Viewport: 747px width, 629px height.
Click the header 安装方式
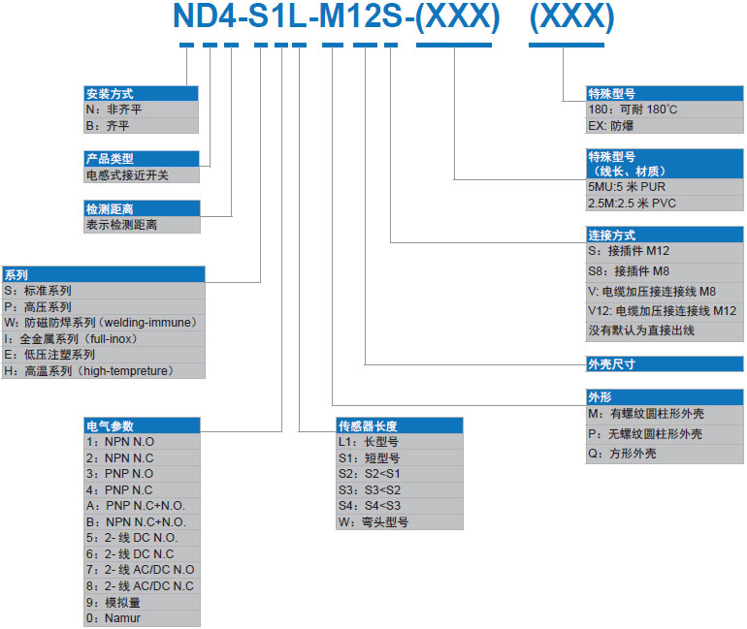click(x=142, y=94)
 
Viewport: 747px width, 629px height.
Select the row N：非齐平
click(x=142, y=110)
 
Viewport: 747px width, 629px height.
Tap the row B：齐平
click(x=142, y=126)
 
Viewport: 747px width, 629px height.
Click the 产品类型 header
click(x=142, y=159)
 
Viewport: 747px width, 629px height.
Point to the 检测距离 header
click(x=142, y=208)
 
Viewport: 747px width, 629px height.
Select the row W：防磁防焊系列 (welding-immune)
click(x=104, y=322)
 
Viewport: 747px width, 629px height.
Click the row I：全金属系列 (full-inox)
click(x=104, y=338)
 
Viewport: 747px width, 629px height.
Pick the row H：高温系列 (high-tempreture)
click(x=104, y=370)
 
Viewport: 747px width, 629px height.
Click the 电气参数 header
click(x=148, y=425)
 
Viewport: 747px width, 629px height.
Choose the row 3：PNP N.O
click(x=148, y=473)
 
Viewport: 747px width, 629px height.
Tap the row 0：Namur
click(x=148, y=617)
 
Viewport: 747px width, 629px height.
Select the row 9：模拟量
click(x=148, y=601)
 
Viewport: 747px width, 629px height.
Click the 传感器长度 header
click(x=399, y=425)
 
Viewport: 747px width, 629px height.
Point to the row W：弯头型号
click(x=399, y=521)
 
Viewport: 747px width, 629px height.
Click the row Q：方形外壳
click(x=665, y=454)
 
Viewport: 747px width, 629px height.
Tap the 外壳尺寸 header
click(x=665, y=364)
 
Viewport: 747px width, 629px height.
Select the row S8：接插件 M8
click(x=665, y=271)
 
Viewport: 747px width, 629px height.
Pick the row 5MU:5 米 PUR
click(x=665, y=186)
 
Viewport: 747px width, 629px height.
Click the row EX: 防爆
click(x=665, y=126)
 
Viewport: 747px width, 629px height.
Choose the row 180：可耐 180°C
click(x=665, y=110)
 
